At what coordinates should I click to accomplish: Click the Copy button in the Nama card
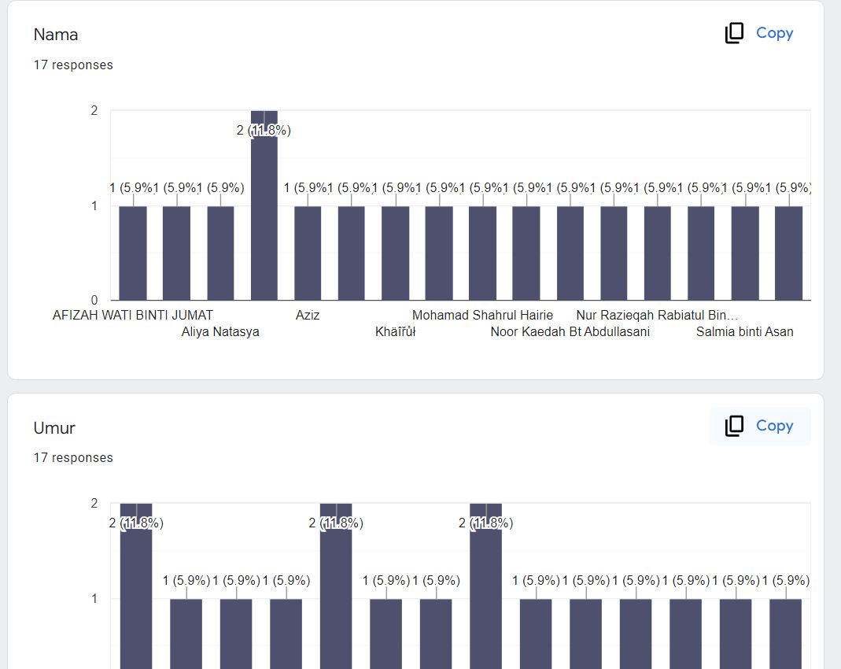(759, 33)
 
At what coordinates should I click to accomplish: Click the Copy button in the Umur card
(759, 426)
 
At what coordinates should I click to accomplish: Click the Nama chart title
(55, 35)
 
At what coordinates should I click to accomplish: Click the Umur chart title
(54, 428)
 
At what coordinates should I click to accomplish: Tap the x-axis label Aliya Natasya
(220, 332)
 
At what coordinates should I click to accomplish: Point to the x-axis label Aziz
(308, 316)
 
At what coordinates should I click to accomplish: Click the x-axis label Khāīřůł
(395, 332)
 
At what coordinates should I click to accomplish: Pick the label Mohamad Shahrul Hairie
(482, 316)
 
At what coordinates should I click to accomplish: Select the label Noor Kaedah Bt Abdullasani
(570, 332)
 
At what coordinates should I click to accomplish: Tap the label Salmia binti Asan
(744, 332)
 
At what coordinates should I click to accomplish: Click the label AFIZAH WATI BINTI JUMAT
(133, 316)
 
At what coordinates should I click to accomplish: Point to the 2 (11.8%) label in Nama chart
(264, 131)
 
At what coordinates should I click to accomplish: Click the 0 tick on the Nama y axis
(94, 300)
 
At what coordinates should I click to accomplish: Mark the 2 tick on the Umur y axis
(94, 504)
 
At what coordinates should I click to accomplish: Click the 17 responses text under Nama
(73, 65)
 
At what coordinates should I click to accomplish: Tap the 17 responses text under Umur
(73, 458)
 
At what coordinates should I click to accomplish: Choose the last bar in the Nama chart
(788, 253)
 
